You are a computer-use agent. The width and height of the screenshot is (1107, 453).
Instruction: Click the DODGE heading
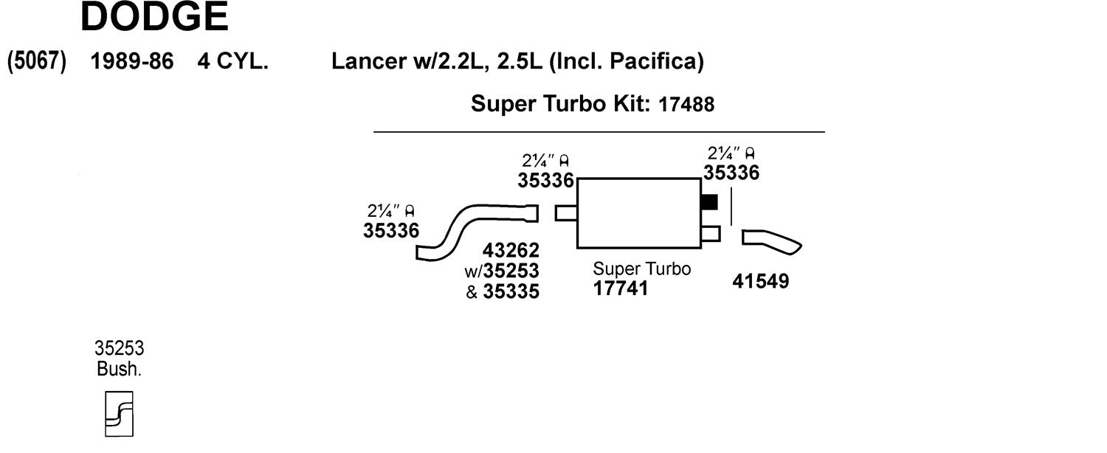coord(154,16)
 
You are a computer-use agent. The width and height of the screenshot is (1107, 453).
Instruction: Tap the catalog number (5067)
coord(37,62)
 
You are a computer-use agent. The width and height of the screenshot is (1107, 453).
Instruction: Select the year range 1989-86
coord(132,61)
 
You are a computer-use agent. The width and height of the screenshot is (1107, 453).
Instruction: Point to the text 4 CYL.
coord(232,61)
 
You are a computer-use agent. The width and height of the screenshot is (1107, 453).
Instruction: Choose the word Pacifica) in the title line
coord(657,62)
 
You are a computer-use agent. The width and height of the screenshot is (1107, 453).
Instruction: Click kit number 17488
coord(686,104)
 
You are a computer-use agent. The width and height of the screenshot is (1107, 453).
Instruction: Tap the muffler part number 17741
coord(620,288)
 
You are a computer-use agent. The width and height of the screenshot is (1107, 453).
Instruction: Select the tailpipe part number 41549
coord(761,281)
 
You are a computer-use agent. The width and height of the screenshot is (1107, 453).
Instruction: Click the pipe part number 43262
coord(511,250)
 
